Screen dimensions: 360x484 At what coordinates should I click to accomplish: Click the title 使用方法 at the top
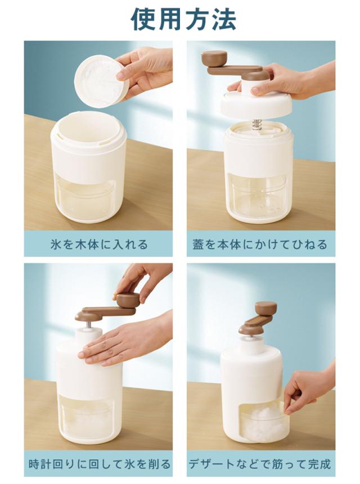pos(183,19)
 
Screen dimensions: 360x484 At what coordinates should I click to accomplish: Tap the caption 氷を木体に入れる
pos(99,245)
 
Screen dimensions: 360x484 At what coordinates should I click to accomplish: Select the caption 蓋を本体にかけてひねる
pos(260,245)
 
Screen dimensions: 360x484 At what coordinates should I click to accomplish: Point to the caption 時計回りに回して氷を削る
pos(100,464)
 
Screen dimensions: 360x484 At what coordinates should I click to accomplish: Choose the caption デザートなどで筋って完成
pos(260,464)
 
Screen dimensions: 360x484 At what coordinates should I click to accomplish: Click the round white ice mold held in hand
pos(101,81)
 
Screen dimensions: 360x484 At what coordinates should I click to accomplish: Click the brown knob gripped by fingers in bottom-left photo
pos(128,300)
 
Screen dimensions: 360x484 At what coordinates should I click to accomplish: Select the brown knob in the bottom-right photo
pos(266,308)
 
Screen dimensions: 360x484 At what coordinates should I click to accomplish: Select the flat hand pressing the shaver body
pos(124,343)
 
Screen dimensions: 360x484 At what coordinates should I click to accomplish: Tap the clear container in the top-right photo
pos(258,197)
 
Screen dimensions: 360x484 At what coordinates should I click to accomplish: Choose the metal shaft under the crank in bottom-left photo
pos(89,325)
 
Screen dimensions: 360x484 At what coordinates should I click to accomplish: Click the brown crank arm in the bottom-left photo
pos(106,312)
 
